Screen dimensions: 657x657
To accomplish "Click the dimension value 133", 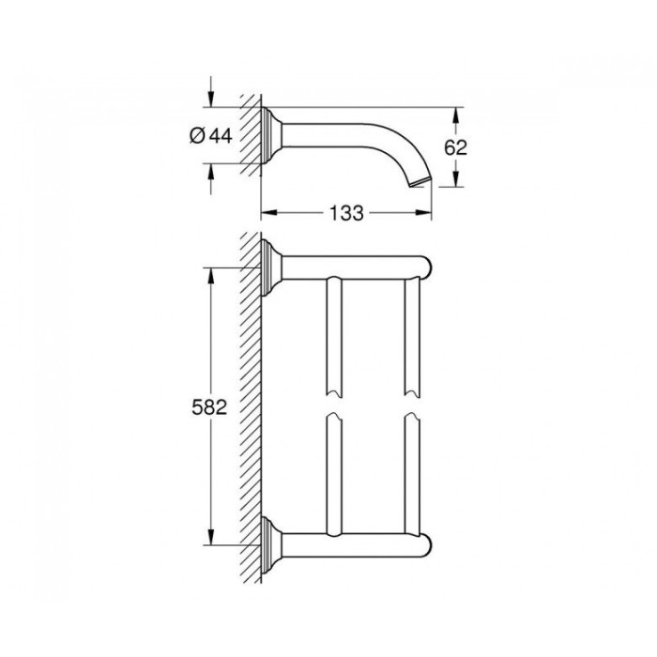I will pos(347,213).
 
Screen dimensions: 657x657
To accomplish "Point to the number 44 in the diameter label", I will pos(220,136).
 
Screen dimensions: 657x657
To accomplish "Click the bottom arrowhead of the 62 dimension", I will pos(456,183).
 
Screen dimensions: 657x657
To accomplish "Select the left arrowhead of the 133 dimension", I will pos(266,213).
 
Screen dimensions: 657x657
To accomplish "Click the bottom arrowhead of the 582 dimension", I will pos(209,542).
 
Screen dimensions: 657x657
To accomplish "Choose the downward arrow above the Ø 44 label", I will pos(210,101).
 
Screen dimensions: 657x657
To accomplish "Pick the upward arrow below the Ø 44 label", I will pos(210,172).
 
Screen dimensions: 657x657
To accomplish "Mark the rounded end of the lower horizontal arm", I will pos(424,546).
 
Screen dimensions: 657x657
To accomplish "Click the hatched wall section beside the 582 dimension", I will pos(250,407).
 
